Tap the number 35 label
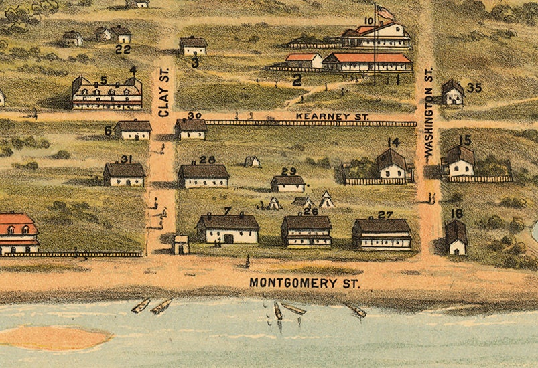click(474, 88)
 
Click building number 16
click(456, 239)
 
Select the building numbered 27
click(382, 234)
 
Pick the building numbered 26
click(306, 232)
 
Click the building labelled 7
click(228, 229)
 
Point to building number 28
click(204, 176)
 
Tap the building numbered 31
click(124, 175)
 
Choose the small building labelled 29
click(287, 183)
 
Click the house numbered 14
click(392, 165)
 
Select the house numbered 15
click(461, 162)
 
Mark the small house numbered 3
click(194, 46)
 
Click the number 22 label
click(123, 49)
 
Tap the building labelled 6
click(133, 129)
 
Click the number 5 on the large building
click(103, 81)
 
